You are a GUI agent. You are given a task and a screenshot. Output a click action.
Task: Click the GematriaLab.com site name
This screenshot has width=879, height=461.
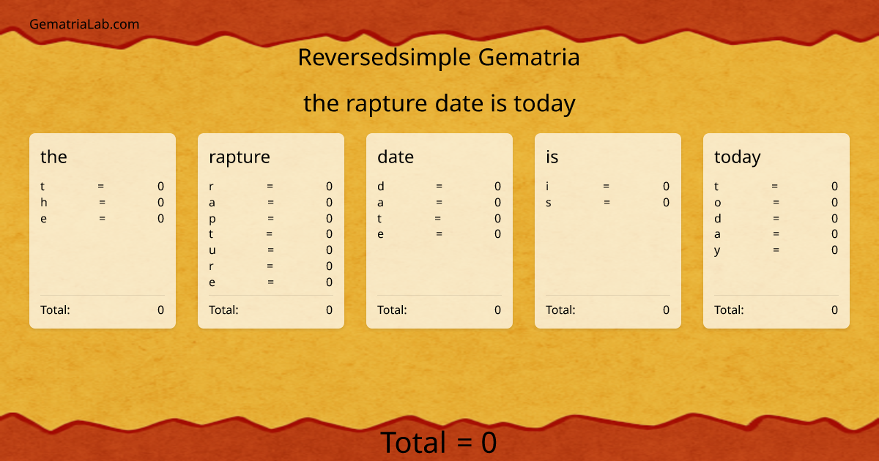pos(84,24)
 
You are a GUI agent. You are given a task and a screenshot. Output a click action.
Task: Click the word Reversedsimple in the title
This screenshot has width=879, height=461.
pos(385,57)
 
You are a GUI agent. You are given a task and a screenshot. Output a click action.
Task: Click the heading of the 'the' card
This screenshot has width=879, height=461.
pos(53,157)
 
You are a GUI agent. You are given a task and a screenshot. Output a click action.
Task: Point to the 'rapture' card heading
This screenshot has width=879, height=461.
pos(239,157)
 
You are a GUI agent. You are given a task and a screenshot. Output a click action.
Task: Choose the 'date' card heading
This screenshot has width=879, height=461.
pos(396,157)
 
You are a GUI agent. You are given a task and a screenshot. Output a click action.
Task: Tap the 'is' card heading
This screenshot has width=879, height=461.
pos(552,157)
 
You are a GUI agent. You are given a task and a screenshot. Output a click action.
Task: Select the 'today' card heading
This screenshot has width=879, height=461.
pos(738,157)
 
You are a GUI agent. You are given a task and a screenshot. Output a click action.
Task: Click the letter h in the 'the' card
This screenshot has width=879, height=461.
pos(44,202)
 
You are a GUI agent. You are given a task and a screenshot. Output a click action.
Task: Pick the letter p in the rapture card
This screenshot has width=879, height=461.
pos(212,219)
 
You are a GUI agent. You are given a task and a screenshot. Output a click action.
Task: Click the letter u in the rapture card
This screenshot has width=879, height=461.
pos(212,250)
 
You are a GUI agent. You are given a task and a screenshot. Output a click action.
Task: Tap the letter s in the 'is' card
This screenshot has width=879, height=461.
pos(549,203)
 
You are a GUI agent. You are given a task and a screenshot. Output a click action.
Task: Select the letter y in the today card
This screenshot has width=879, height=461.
pos(717,250)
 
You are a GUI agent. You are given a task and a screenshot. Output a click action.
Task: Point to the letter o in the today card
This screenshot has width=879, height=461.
pos(718,203)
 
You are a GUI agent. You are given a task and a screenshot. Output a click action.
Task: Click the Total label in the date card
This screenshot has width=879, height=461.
pos(392,310)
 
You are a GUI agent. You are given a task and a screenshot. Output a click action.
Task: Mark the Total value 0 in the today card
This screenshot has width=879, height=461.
pos(834,310)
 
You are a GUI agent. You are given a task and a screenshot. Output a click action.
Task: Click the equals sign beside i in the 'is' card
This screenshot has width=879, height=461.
pos(607,187)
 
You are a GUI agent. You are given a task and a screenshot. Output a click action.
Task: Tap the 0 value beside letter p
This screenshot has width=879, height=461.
pos(329,218)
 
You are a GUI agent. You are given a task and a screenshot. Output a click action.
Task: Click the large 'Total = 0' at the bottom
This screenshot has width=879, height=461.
pos(439,443)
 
